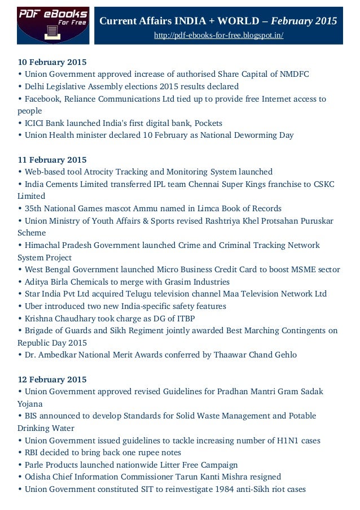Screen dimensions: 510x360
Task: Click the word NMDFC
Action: [292, 74]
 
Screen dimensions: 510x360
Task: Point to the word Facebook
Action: [41, 99]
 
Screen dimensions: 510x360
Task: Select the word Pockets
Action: [208, 123]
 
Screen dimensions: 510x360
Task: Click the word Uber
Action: [32, 306]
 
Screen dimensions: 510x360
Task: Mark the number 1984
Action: [223, 489]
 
